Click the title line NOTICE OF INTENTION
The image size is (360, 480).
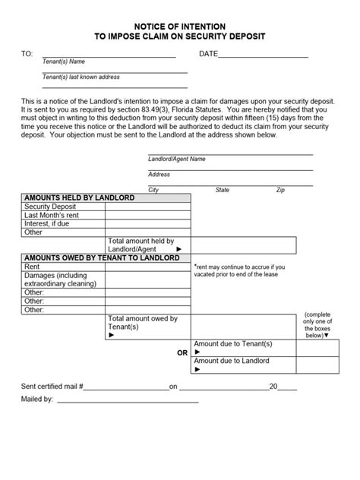click(x=180, y=26)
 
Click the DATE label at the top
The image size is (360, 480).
click(x=208, y=54)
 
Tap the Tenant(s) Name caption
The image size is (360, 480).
click(x=63, y=62)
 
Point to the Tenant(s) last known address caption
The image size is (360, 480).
click(x=81, y=77)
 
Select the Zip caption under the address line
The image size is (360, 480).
click(x=280, y=190)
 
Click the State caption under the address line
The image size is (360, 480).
click(x=223, y=190)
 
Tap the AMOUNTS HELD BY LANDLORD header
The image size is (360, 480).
click(x=80, y=197)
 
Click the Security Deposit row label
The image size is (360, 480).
click(x=50, y=207)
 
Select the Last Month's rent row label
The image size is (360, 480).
click(x=52, y=215)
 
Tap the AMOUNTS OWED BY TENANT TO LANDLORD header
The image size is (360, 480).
click(x=103, y=258)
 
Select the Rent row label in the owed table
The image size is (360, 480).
click(x=32, y=267)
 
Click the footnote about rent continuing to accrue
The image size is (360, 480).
click(x=239, y=271)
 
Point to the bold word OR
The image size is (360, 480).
click(x=182, y=353)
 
